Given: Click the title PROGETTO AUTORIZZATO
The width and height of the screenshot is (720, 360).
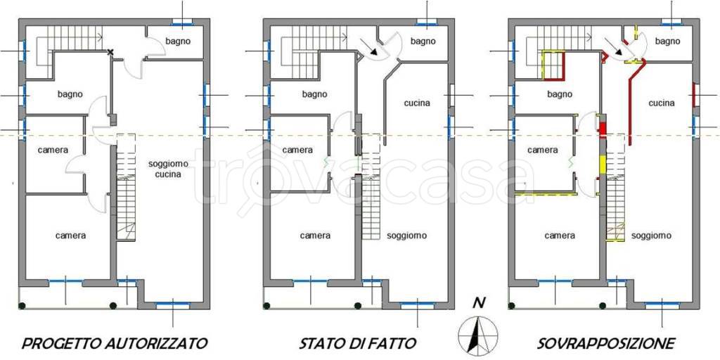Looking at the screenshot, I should (x=115, y=344).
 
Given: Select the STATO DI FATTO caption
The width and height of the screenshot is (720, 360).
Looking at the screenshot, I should (x=358, y=344).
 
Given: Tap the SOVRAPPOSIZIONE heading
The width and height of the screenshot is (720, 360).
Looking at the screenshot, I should (x=606, y=344).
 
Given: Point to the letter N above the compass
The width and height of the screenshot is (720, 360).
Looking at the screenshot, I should (x=479, y=304).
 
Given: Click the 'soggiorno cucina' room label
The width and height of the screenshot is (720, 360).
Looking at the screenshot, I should (x=169, y=168).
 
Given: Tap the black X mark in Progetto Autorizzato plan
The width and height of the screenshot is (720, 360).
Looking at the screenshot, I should (x=110, y=52).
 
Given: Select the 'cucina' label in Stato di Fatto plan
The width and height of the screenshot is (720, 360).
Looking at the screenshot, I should (x=417, y=103).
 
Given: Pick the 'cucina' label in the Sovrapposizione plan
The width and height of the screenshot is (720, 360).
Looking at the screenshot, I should (x=662, y=103).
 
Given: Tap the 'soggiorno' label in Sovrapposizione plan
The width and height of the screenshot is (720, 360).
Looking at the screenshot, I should (x=650, y=236).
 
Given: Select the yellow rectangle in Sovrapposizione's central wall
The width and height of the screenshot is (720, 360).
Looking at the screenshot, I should (x=602, y=164).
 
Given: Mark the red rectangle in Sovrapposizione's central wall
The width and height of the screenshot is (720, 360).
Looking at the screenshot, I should (x=602, y=129).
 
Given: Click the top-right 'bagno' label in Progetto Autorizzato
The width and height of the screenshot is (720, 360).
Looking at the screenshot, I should (x=178, y=41).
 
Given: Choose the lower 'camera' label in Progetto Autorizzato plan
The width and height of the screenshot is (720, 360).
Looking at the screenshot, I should (x=70, y=236).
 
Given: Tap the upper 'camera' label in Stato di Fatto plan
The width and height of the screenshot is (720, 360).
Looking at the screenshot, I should (x=297, y=150).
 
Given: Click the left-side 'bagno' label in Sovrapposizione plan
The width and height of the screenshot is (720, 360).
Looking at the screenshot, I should (x=560, y=94).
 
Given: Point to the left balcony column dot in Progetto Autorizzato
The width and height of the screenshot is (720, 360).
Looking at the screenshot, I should (x=22, y=306).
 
